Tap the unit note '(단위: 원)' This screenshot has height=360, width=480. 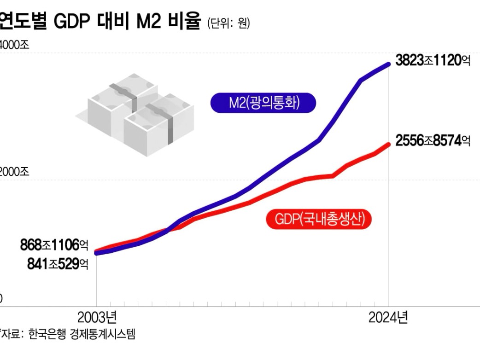tap(228, 23)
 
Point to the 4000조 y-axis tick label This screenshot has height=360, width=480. tap(14, 45)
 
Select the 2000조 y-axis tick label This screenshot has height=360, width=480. tap(14, 171)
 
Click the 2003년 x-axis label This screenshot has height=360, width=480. tap(97, 318)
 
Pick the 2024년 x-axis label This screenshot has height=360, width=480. tap(388, 318)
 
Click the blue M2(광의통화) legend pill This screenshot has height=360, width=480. tap(263, 103)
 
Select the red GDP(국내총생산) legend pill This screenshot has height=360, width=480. tap(319, 219)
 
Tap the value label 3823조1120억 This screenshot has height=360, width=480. tap(433, 60)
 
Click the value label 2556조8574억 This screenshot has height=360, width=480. tap(433, 141)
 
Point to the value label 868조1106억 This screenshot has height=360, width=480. tap(54, 245)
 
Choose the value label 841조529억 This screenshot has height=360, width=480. tap(58, 264)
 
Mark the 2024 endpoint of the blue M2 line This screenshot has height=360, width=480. tap(388, 64)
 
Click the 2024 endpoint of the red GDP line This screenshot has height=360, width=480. tap(388, 145)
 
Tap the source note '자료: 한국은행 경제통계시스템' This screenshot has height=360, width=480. tap(68, 334)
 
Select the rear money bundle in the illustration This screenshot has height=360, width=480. tap(123, 98)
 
